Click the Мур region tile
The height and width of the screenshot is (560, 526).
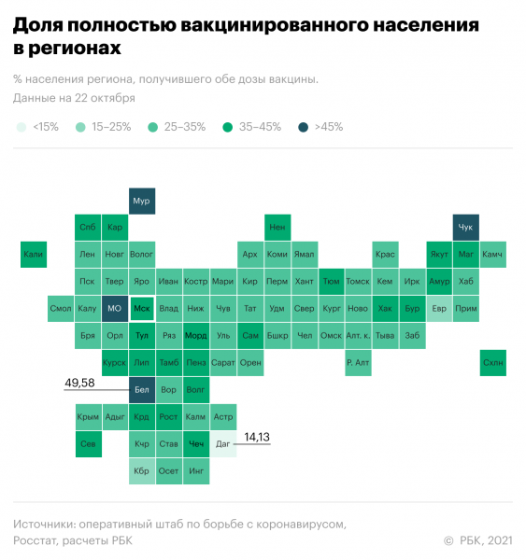142,201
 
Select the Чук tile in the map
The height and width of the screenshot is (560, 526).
466,228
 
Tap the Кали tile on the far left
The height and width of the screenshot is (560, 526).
34,255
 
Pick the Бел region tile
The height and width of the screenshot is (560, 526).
142,390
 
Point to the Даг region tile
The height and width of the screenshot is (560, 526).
223,444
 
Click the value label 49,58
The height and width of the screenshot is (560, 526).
80,383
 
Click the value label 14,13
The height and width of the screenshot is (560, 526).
257,436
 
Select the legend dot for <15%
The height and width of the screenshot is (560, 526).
21,127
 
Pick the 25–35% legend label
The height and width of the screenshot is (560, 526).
183,127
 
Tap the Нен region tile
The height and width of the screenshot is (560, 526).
277,228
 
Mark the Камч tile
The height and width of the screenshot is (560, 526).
493,255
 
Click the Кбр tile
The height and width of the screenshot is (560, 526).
142,471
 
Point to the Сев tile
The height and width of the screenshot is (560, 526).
88,444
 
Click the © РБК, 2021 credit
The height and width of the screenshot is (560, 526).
477,539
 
